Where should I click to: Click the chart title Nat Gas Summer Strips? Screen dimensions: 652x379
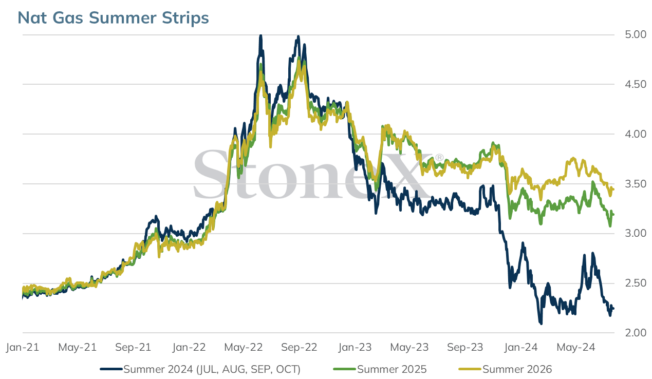[113, 18]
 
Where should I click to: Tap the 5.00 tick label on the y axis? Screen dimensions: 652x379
[636, 34]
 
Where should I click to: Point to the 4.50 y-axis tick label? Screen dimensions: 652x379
[636, 84]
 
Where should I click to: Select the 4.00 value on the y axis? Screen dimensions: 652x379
[636, 134]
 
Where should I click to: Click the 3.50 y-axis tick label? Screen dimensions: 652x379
[636, 184]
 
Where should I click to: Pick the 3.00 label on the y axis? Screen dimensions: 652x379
[636, 233]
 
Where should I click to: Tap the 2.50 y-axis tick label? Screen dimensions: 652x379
[636, 283]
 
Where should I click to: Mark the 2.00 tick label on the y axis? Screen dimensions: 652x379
[636, 333]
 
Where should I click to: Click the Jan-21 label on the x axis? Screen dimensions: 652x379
[23, 347]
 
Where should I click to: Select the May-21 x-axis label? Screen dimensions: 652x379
[78, 347]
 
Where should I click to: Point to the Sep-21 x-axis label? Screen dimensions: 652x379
[133, 347]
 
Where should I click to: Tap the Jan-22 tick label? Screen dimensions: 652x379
[189, 347]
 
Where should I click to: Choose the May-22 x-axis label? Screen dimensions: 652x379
[244, 347]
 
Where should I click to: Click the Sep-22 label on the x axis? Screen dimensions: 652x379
[299, 347]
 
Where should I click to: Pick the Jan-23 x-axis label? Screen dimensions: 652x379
[355, 347]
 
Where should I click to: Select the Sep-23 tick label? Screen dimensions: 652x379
[465, 347]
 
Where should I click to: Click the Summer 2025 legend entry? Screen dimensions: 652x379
[380, 369]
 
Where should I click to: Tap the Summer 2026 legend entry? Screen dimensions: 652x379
[505, 369]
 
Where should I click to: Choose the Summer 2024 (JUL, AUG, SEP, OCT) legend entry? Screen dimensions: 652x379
[200, 369]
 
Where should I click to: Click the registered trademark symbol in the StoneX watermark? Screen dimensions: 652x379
[439, 158]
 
